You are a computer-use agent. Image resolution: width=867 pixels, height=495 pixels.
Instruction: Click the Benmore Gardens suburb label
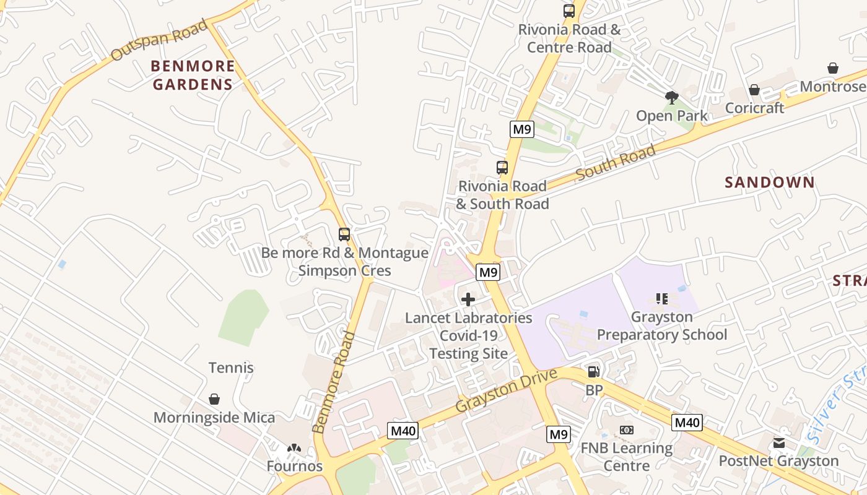tap(193, 75)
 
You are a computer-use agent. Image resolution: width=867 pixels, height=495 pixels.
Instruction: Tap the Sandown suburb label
tap(770, 182)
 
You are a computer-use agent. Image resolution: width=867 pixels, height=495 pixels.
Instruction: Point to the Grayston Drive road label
tap(507, 390)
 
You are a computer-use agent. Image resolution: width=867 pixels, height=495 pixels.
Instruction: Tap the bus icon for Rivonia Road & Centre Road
tap(569, 11)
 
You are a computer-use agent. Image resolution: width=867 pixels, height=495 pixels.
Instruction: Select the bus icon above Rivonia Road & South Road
tap(502, 167)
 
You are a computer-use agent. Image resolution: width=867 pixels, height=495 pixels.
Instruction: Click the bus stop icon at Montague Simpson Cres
tap(344, 234)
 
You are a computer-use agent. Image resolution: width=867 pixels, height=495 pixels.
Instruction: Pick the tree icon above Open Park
tap(671, 97)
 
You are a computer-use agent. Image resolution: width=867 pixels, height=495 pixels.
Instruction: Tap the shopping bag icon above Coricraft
tap(754, 90)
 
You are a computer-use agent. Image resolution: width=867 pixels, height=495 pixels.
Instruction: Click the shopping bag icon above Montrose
tap(833, 68)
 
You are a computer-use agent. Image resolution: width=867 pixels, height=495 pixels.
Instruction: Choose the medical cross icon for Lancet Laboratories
tap(468, 299)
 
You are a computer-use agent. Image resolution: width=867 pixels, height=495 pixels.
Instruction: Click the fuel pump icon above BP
tap(593, 371)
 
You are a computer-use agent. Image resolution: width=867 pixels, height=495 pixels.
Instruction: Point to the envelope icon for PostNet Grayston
tap(778, 442)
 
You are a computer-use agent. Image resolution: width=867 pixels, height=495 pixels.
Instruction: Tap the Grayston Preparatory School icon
tap(661, 299)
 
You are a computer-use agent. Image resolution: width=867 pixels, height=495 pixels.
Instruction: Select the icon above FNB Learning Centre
tap(626, 429)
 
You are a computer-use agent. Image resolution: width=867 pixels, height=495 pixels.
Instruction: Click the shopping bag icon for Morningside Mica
tap(214, 399)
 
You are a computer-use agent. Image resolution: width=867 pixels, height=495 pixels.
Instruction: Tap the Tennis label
tap(231, 368)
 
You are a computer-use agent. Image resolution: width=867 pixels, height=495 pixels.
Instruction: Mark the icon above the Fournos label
tap(294, 447)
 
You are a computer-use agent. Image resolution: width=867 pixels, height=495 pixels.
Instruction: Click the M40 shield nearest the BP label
tap(687, 423)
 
